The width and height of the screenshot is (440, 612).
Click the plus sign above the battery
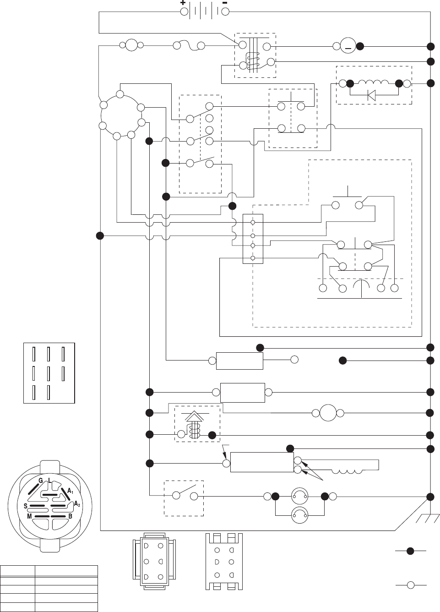point(183,3)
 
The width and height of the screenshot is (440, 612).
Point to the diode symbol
point(371,95)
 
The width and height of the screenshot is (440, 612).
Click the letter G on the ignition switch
point(40,481)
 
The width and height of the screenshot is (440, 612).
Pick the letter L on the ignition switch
point(49,481)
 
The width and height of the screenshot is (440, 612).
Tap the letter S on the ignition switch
point(26,506)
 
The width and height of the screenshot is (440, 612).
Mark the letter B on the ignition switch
point(70,516)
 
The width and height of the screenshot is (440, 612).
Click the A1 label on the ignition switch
point(70,491)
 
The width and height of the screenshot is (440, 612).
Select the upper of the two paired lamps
point(300,496)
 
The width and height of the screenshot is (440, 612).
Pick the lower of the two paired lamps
point(300,515)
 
